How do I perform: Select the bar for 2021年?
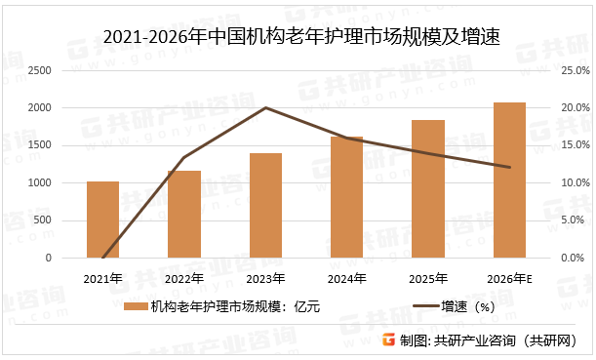tap(102, 220)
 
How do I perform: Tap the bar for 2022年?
tap(183, 215)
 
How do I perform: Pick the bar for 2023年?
tap(265, 205)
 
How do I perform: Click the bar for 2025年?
tap(428, 189)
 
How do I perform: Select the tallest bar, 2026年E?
tap(509, 180)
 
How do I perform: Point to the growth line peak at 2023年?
tap(265, 107)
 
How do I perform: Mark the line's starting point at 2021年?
tap(102, 258)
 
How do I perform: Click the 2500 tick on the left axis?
tap(40, 70)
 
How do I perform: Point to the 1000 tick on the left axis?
tap(40, 183)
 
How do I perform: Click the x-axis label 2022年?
tap(183, 278)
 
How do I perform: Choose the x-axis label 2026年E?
tap(509, 278)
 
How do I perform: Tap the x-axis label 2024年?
tap(346, 278)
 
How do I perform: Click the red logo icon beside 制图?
tap(389, 340)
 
